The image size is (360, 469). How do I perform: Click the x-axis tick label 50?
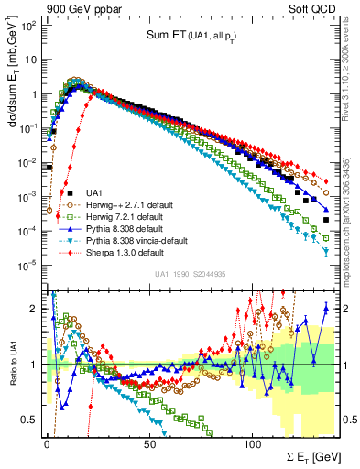(x=149, y=442)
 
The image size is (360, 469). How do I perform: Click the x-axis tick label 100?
(x=252, y=442)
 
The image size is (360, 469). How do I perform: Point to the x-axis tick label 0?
(x=47, y=442)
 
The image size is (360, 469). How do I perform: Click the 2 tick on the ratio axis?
(x=35, y=308)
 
